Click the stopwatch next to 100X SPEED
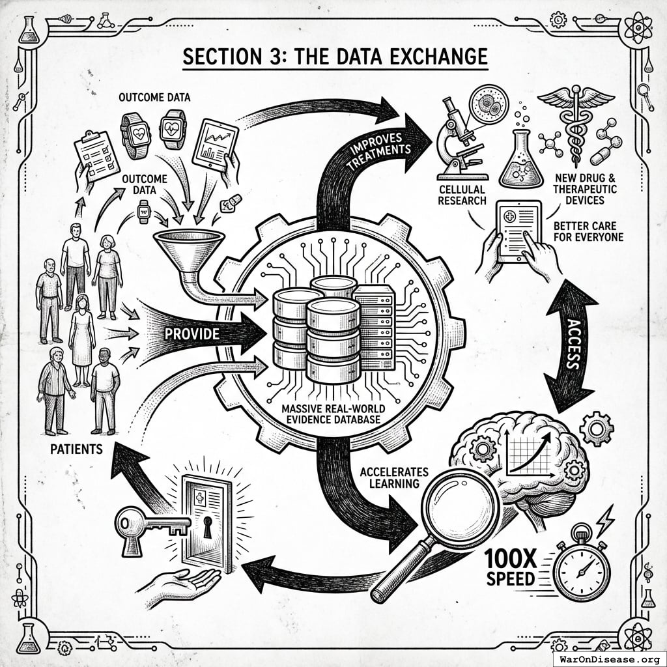(x=581, y=568)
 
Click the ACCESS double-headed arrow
(x=571, y=345)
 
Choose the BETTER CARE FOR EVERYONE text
(x=589, y=231)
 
